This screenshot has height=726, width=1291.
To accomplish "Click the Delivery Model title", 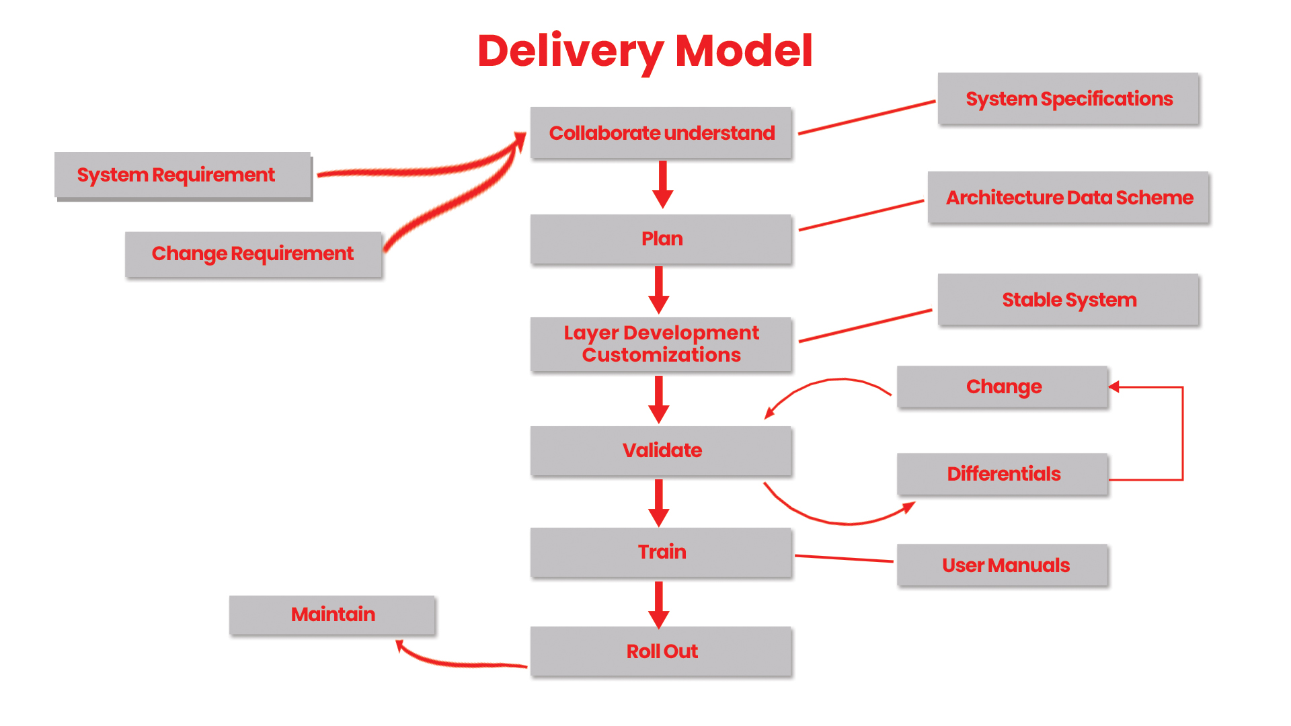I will tap(645, 51).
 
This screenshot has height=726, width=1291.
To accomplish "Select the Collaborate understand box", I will tap(661, 133).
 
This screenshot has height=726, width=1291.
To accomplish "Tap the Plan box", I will tap(661, 239).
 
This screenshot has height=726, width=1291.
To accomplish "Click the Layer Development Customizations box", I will tap(661, 344).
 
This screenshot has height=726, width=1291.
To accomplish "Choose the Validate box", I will tap(661, 450).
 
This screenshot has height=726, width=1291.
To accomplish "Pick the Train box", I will tap(661, 552).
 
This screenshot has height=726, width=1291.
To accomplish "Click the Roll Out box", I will tap(661, 651).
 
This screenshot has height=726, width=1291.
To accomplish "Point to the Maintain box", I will tap(332, 614).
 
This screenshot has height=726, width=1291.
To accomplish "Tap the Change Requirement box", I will tap(253, 253).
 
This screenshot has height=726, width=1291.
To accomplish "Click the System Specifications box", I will tap(1068, 99).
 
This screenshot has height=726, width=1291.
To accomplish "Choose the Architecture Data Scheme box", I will tap(1068, 198).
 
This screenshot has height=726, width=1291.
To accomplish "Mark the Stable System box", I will tap(1068, 300).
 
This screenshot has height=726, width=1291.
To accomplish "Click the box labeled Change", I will tap(1003, 387).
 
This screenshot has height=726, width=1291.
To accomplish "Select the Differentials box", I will tap(1003, 474).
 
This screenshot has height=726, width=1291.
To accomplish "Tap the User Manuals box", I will tap(1003, 565).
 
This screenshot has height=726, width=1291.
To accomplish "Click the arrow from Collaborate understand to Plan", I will tap(662, 184).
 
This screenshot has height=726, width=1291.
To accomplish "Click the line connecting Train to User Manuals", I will tap(844, 559).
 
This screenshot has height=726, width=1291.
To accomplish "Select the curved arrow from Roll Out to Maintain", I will tap(457, 664).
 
